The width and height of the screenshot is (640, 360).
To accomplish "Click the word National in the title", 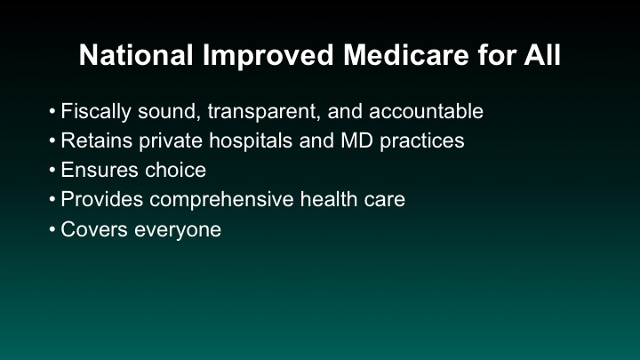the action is (136, 55).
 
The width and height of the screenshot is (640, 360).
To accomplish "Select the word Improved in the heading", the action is (268, 56).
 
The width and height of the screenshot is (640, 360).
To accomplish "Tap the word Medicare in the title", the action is (405, 55).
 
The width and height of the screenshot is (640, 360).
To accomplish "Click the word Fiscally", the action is (96, 112).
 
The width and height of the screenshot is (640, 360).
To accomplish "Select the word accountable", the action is (426, 111).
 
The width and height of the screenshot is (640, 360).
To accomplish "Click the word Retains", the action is (97, 140).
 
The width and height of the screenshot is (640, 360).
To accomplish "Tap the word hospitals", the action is (251, 141).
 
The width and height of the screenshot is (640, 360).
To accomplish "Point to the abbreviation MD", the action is (356, 140).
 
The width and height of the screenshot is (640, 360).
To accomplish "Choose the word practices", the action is (422, 141).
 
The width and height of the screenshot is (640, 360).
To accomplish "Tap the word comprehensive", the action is (221, 200).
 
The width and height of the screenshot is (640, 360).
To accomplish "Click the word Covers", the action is (94, 229).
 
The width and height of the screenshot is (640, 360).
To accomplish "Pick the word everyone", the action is (178, 230).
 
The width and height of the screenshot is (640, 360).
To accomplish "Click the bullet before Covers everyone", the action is (52, 230).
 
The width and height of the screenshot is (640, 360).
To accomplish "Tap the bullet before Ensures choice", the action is (52, 170).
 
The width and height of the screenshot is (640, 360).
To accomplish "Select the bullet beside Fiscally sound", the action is (52, 111).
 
